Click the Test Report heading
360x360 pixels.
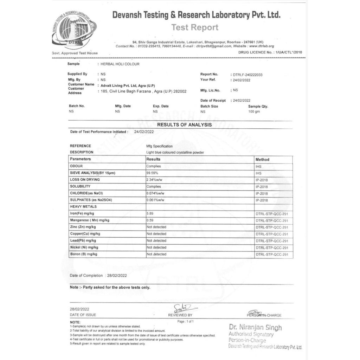[195, 27]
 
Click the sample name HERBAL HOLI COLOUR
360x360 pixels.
[120, 64]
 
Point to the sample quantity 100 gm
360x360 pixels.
[254, 111]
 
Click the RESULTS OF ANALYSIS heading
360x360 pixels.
[184, 125]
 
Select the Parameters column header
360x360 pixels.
[80, 159]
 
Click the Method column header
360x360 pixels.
[262, 160]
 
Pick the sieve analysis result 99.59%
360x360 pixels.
[152, 173]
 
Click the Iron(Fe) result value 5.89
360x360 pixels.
[150, 214]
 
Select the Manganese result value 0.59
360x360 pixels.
[150, 220]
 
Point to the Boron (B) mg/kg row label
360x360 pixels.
[84, 254]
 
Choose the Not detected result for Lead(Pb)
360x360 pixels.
[156, 241]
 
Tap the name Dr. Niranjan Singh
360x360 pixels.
[256, 328]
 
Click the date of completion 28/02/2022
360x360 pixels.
[116, 276]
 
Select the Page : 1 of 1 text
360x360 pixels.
[186, 321]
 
